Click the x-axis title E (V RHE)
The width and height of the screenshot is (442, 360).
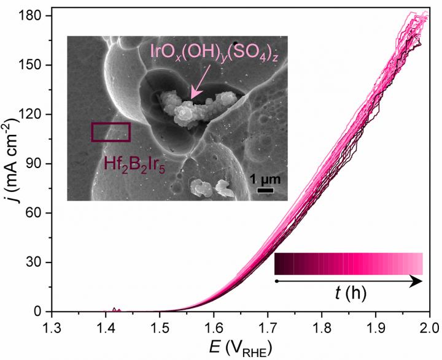(240, 347)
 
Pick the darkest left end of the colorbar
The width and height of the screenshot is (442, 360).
(279, 263)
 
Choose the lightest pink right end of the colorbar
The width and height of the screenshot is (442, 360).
(419, 263)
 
